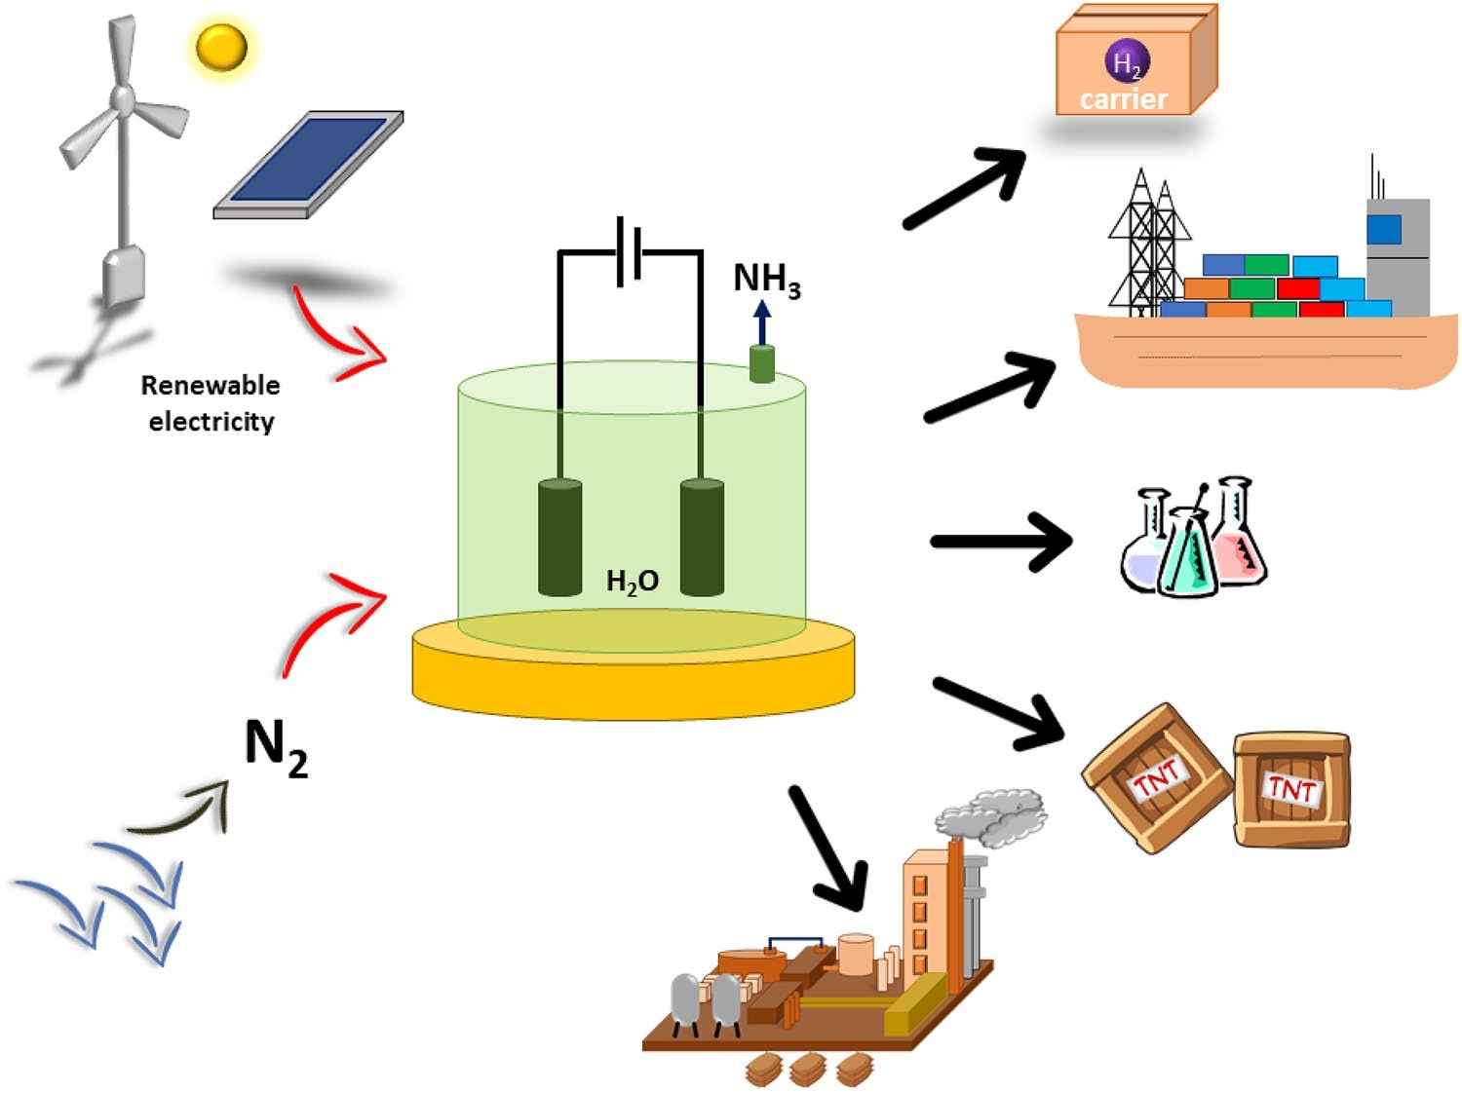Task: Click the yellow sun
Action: [221, 47]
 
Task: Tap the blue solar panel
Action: [308, 161]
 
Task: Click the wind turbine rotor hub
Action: [123, 97]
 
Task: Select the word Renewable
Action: [211, 386]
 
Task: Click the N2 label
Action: [276, 747]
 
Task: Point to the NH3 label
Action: [767, 280]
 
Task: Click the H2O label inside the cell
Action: [633, 582]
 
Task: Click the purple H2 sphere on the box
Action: [1127, 62]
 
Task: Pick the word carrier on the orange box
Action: [1124, 99]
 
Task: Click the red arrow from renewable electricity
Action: [336, 336]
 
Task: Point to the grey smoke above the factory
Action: [994, 816]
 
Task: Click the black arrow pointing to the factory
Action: [827, 848]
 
